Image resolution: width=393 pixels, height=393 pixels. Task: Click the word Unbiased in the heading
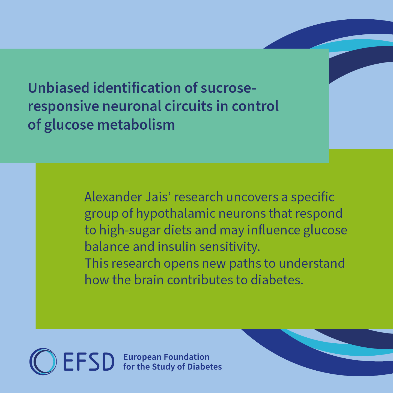(x=59, y=88)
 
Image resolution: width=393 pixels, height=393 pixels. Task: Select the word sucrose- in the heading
(x=228, y=88)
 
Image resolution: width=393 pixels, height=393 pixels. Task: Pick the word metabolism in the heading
(x=136, y=124)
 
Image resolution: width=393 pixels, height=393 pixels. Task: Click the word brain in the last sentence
(x=149, y=280)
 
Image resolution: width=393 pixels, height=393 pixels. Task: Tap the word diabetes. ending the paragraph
(x=277, y=280)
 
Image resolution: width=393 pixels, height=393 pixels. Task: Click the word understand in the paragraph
(x=312, y=263)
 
